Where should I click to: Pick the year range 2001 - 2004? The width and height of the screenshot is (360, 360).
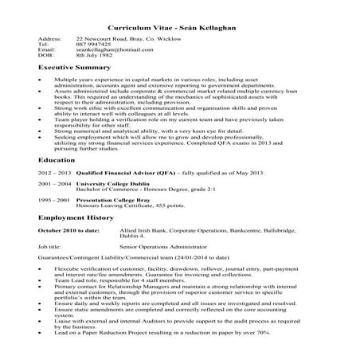pyautogui.click(x=54, y=205)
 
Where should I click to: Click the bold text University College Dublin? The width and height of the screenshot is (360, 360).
pyautogui.click(x=105, y=205)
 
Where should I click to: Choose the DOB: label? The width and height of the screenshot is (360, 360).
pyautogui.click(x=46, y=57)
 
